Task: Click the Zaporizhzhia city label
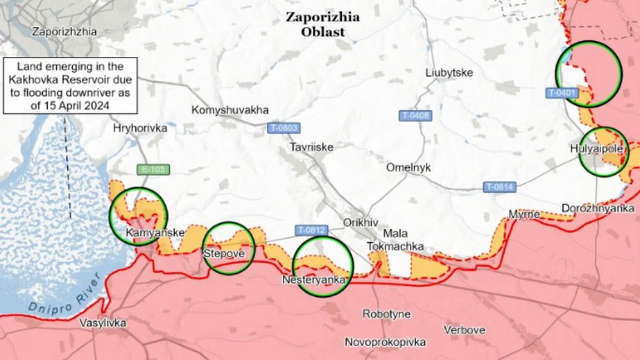[64, 31]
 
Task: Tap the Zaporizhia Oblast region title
[322, 24]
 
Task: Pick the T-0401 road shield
[562, 92]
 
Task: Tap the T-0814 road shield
[499, 187]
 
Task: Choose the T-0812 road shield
[311, 230]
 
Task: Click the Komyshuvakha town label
[230, 110]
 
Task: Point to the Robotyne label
[386, 314]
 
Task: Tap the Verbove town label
[465, 329]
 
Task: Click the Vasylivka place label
[103, 323]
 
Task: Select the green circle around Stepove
[228, 248]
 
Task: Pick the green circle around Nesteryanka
[323, 266]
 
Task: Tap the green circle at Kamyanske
[139, 216]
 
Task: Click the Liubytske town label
[449, 72]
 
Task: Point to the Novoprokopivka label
[385, 342]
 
